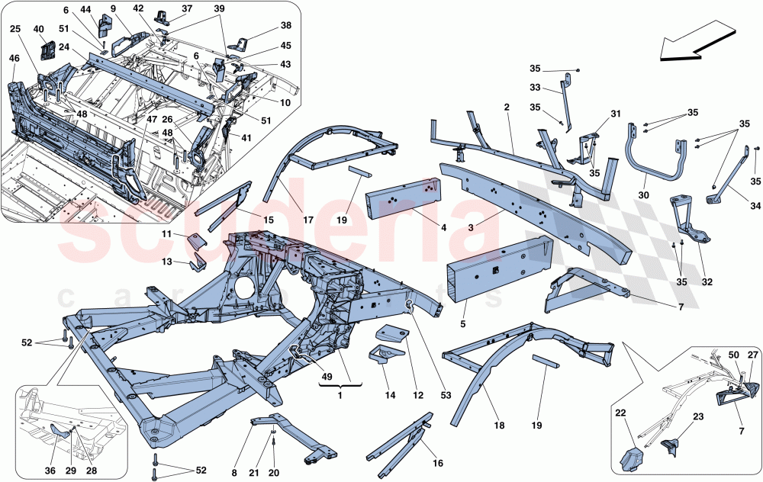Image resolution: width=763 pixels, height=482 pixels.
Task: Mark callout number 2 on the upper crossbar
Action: click(506, 108)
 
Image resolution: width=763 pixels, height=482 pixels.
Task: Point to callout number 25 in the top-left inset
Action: click(15, 29)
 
